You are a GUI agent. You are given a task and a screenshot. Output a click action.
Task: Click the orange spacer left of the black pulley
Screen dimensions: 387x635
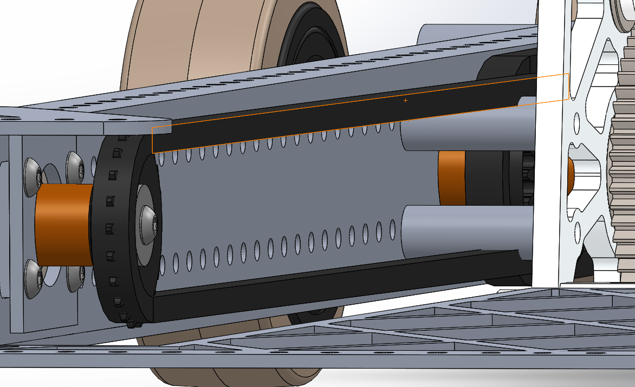click(x=62, y=224)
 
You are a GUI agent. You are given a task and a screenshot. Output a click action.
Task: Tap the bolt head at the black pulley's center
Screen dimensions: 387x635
click(x=150, y=222)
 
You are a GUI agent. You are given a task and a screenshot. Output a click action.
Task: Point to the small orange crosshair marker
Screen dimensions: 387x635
click(x=405, y=100)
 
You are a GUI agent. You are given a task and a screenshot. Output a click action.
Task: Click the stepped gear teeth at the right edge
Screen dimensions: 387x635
click(x=623, y=162)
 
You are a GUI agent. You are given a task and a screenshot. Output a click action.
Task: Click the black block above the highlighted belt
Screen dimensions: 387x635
click(x=504, y=68)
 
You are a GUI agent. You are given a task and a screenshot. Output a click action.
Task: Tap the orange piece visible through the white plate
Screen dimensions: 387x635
click(x=571, y=176)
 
